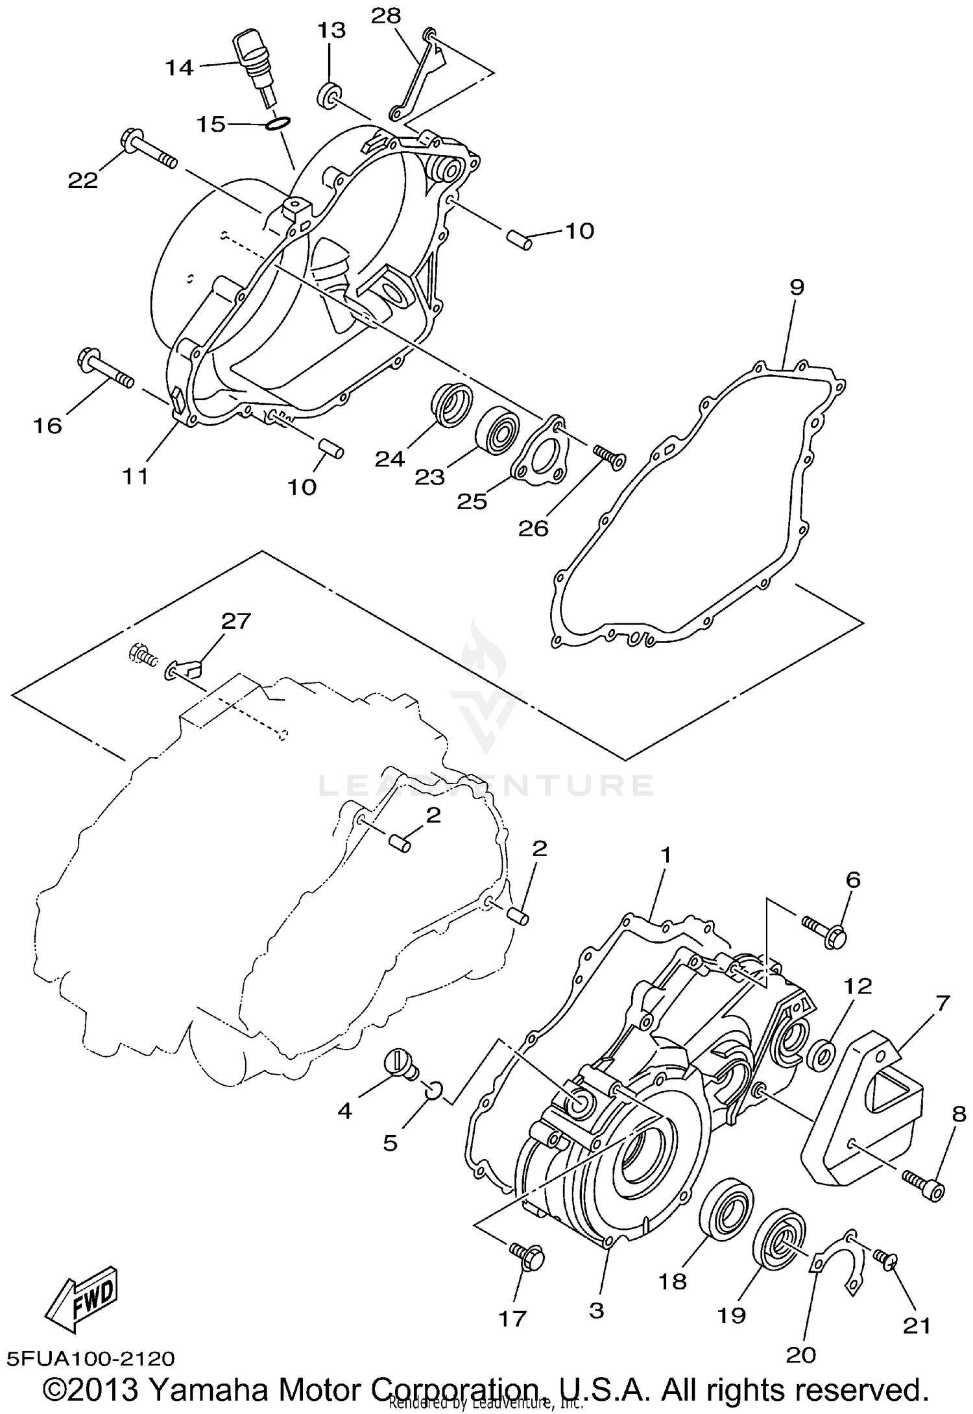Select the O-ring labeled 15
278,123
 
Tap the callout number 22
83,181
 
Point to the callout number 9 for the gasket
796,286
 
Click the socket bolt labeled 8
925,1188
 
